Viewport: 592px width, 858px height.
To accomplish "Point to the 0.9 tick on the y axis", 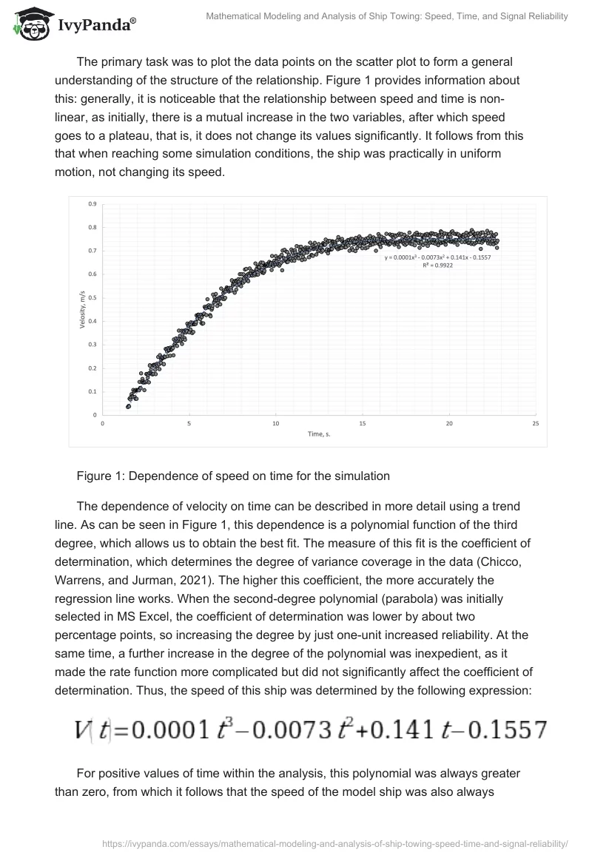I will point(92,203).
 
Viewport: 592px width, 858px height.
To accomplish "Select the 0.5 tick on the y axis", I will point(92,297).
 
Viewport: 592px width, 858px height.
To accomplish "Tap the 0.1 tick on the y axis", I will point(92,391).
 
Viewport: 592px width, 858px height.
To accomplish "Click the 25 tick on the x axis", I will point(535,424).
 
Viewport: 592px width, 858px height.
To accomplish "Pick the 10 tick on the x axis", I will point(275,424).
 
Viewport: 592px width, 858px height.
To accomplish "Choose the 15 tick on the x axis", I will point(362,424).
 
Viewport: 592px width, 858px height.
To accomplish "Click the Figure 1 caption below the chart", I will point(233,476).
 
